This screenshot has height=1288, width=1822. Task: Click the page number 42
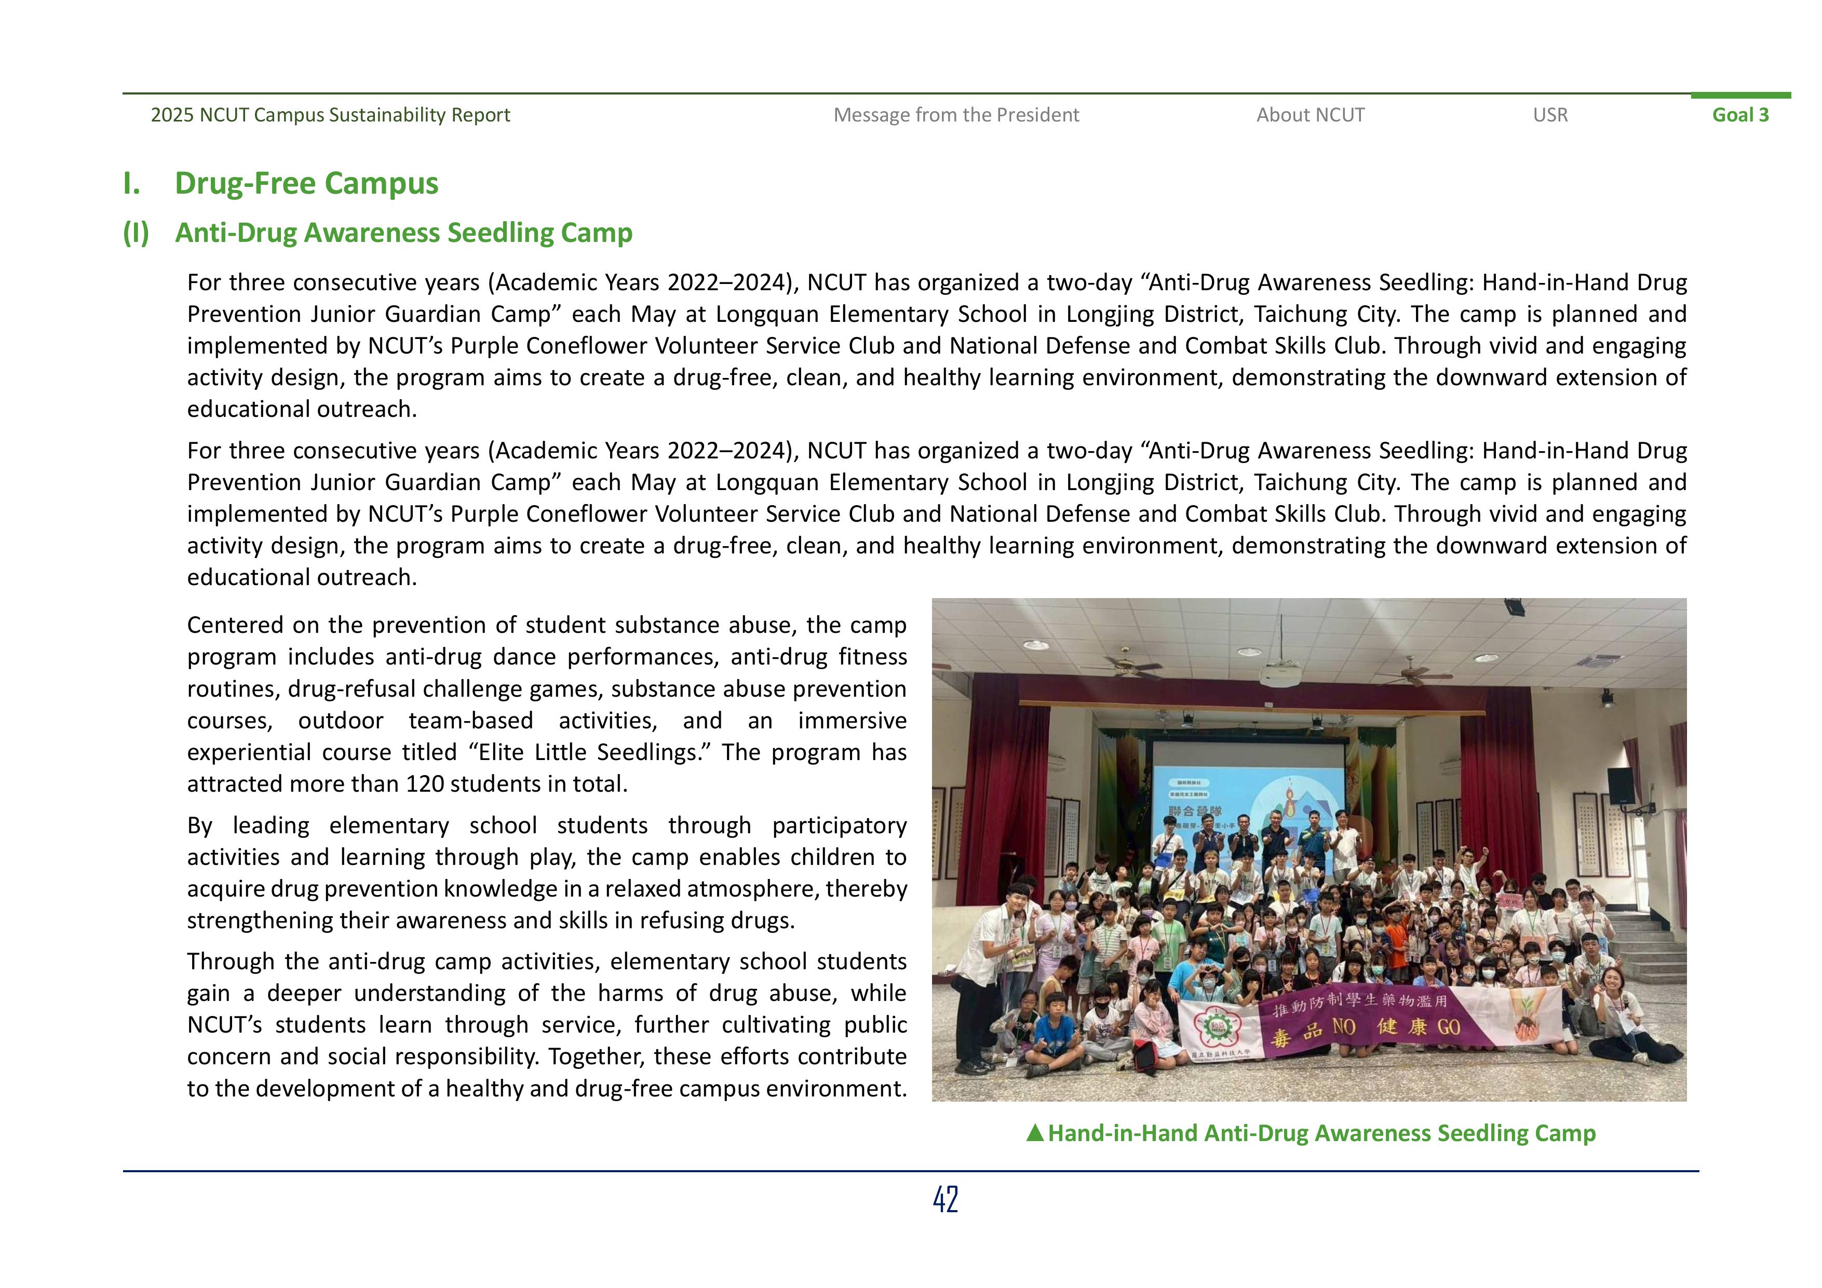click(x=945, y=1199)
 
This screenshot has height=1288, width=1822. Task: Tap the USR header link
click(x=1550, y=115)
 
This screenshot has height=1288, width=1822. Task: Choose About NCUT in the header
click(x=1310, y=115)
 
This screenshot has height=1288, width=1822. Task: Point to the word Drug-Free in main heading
click(x=246, y=183)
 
